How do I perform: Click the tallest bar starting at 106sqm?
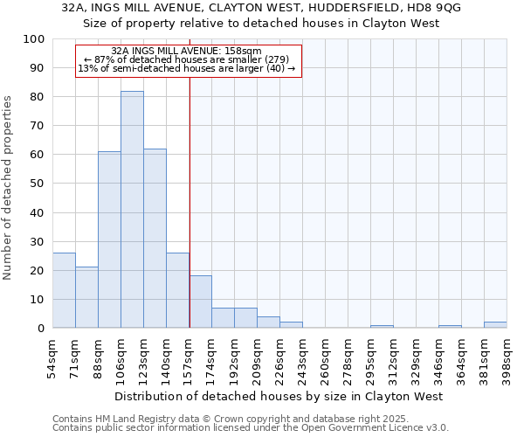[132, 210]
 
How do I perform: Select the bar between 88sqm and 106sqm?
[109, 239]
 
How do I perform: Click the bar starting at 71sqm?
[86, 297]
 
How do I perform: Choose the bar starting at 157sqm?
[200, 302]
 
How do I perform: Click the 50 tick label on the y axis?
[37, 184]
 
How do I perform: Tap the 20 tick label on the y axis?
[37, 271]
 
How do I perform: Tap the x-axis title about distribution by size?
[279, 397]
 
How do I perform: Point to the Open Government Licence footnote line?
[251, 428]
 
